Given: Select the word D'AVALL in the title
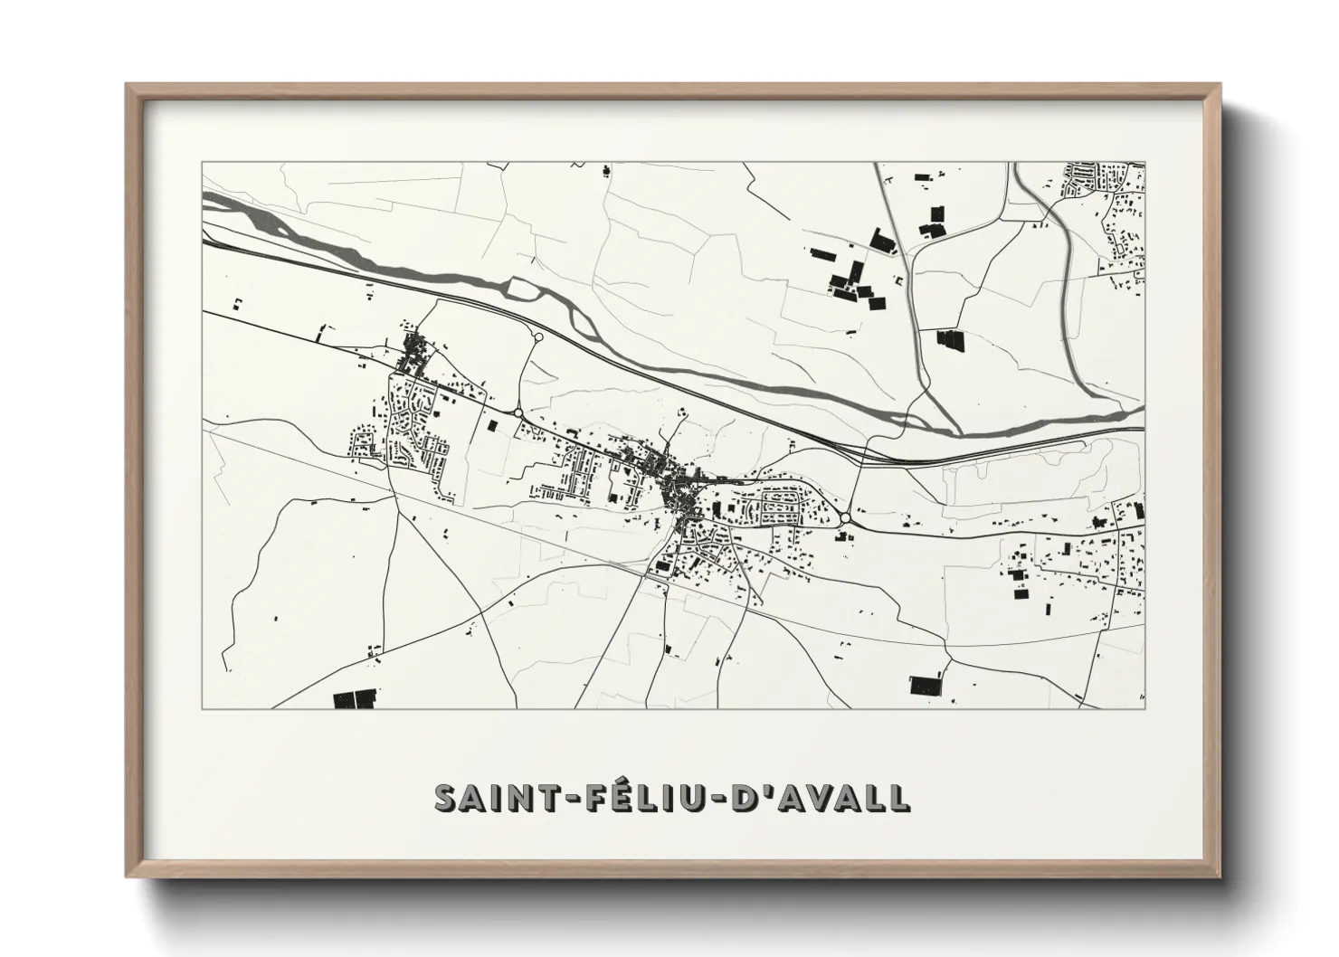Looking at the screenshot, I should (x=815, y=798).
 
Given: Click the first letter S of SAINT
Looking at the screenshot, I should (x=445, y=798).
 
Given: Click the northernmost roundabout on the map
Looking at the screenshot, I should (x=538, y=337).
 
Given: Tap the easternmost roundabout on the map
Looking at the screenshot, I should (x=845, y=518).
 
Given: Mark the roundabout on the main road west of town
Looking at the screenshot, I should (x=518, y=412).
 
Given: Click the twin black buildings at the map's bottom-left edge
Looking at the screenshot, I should (x=354, y=699).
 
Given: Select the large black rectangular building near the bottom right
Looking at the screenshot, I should (x=925, y=685).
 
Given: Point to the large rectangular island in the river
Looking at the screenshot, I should (x=522, y=288).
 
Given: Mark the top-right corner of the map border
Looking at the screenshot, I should (x=1144, y=163).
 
